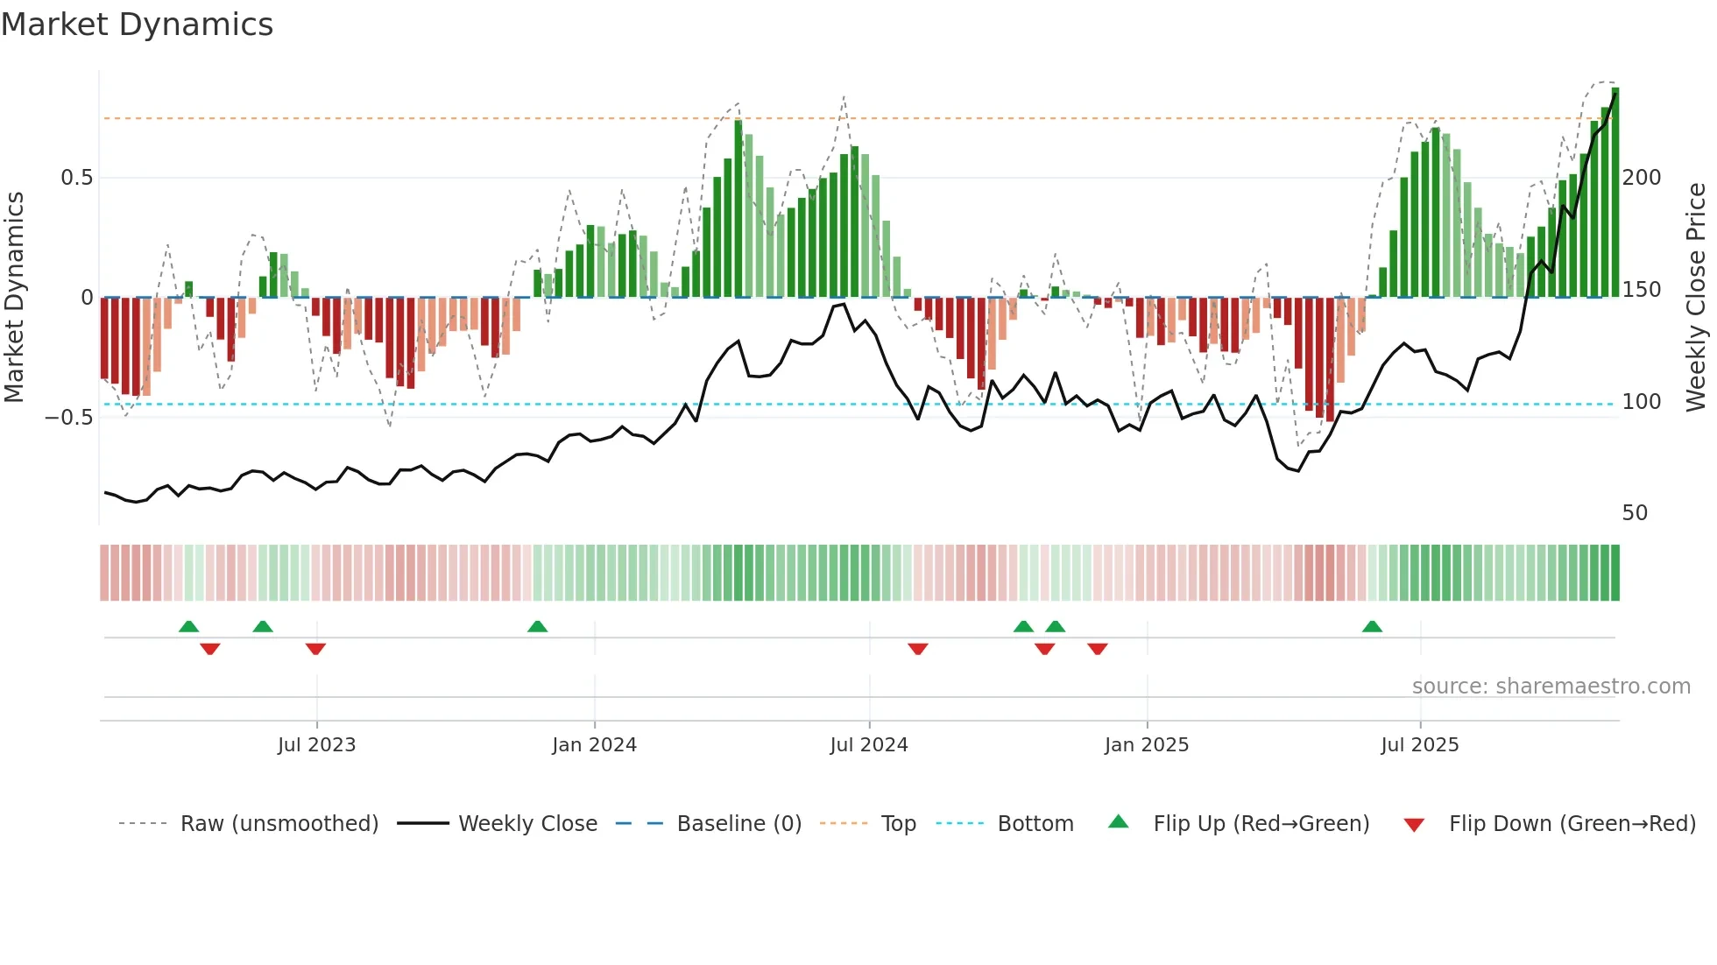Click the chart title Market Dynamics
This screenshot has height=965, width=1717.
(137, 25)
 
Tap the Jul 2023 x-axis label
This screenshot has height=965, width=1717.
(316, 745)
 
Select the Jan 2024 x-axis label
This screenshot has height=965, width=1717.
(594, 745)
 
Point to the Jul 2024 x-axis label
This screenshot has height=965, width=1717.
(868, 745)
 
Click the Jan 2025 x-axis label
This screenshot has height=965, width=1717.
(1146, 745)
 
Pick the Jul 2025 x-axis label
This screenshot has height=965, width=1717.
(1419, 745)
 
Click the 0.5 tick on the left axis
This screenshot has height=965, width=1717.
(76, 178)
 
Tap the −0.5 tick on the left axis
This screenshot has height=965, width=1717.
(69, 418)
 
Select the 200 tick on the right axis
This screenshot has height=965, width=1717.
(1642, 178)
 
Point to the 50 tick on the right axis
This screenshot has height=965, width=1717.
(1635, 513)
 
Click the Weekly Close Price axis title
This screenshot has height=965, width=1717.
(1696, 298)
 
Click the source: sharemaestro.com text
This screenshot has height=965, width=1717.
(1551, 687)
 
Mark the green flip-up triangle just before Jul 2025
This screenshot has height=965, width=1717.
(1372, 626)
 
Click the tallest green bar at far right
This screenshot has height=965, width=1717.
(1615, 193)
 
